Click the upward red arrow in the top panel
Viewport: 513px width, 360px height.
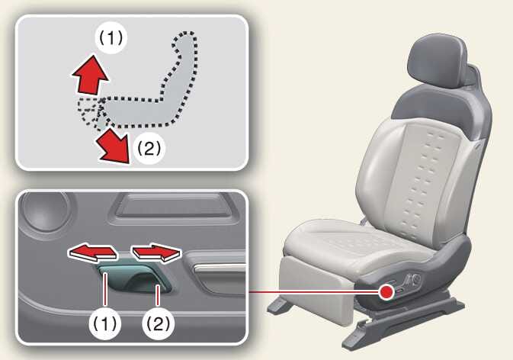click(x=90, y=76)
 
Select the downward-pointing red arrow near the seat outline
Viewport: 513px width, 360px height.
click(x=114, y=145)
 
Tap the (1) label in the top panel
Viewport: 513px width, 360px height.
click(x=111, y=38)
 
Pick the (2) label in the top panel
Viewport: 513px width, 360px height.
click(x=149, y=149)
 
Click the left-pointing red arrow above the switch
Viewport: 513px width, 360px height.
click(x=92, y=252)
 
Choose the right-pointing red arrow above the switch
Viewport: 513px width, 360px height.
click(x=156, y=252)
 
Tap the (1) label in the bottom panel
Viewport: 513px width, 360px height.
click(x=104, y=324)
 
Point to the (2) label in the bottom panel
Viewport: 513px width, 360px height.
click(x=158, y=324)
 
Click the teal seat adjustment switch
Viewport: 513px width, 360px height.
click(x=134, y=277)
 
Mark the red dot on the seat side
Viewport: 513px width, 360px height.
click(x=387, y=291)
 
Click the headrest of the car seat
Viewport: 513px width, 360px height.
click(x=438, y=62)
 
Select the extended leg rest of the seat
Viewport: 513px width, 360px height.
click(x=314, y=290)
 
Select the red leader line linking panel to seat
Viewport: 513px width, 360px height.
click(x=314, y=291)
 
